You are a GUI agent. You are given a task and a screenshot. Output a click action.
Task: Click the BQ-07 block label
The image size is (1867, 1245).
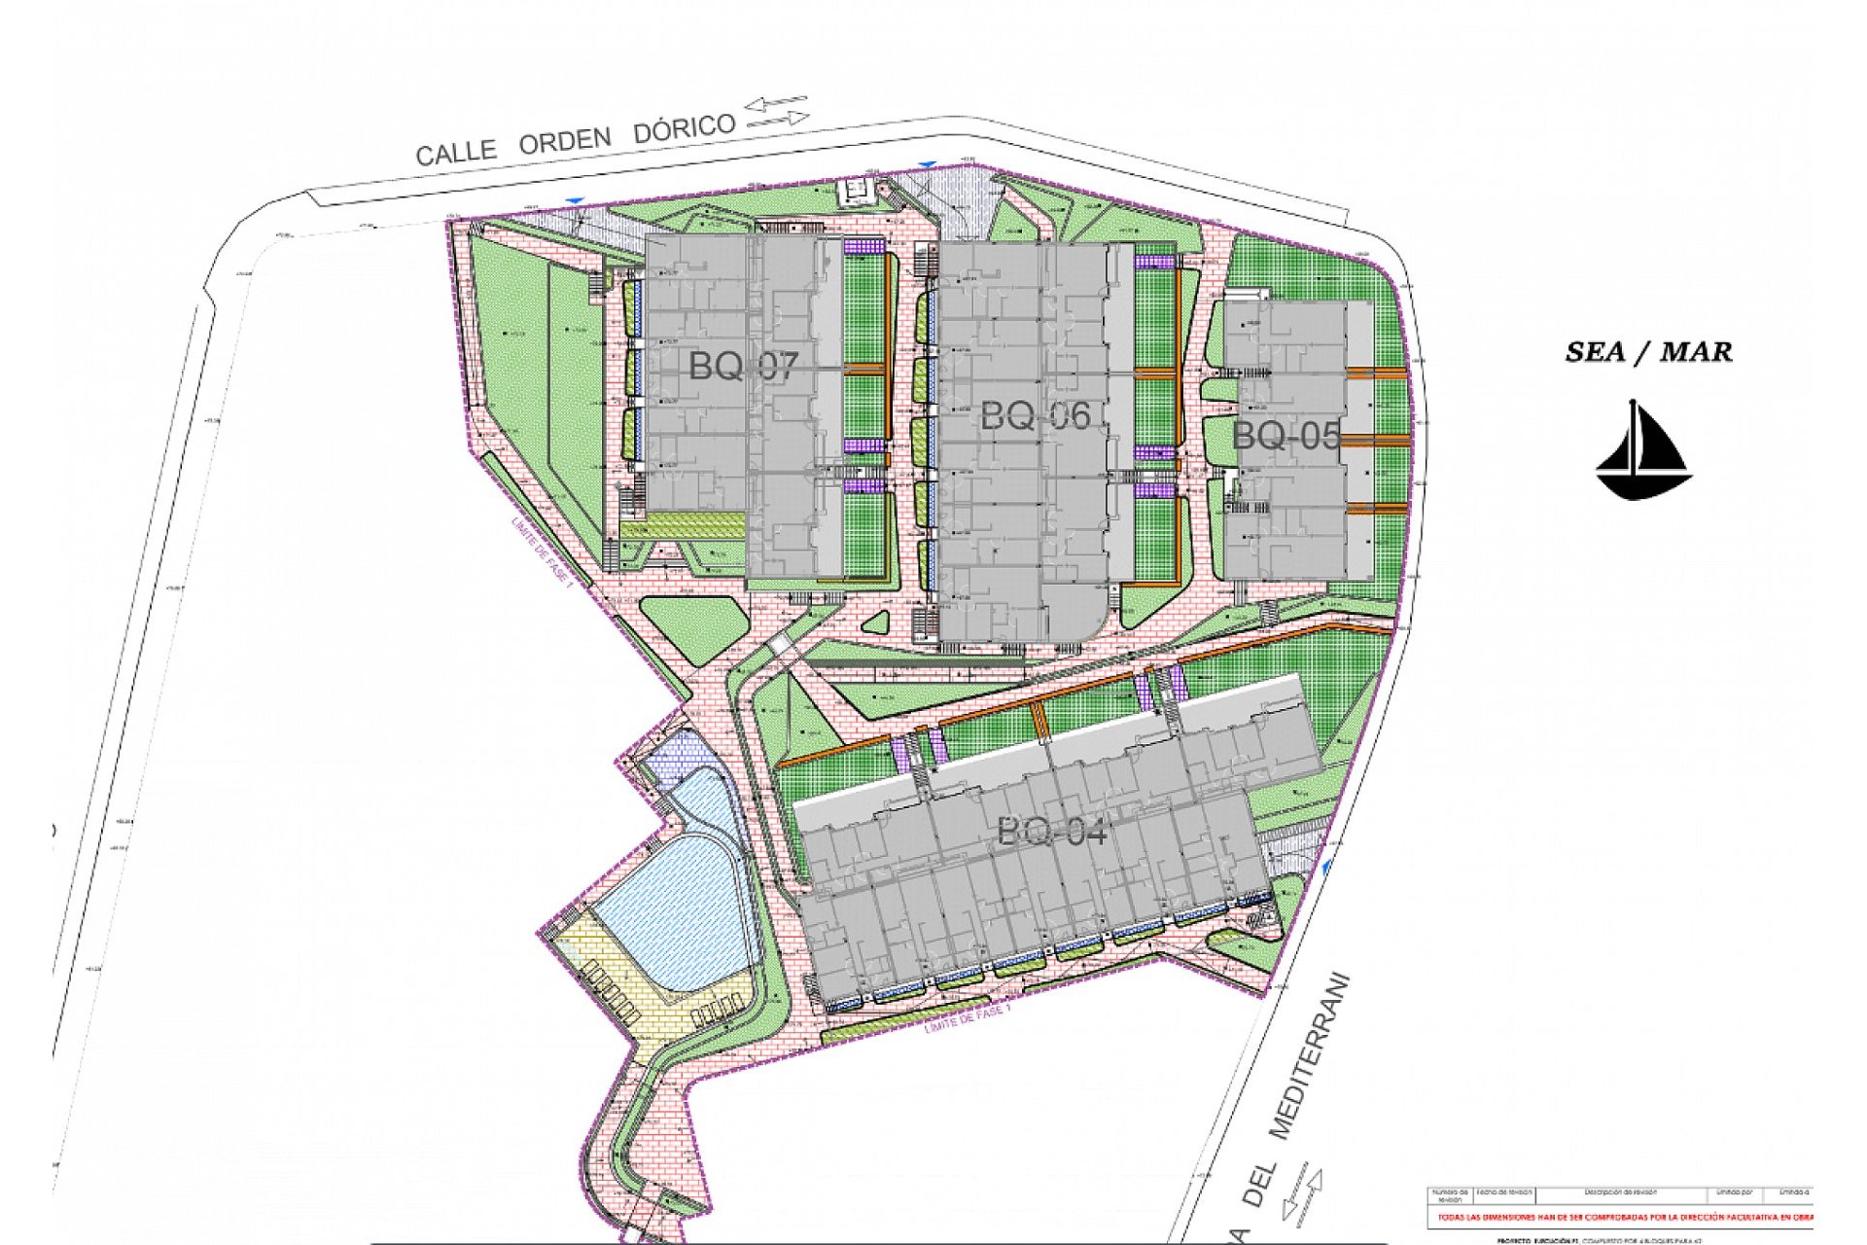(x=743, y=367)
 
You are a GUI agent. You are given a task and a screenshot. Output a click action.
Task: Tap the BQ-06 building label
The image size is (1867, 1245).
(x=1035, y=416)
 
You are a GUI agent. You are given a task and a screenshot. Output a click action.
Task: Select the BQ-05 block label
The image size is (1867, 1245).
(x=1286, y=436)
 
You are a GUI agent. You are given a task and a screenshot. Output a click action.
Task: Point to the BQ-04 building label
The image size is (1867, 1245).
(x=1052, y=832)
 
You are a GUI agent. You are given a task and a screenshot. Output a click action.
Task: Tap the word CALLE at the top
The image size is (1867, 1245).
(x=456, y=152)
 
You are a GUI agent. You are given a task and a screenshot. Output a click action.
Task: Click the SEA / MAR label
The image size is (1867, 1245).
(x=1648, y=352)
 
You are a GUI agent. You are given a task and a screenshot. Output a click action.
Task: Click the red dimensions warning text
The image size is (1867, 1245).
(x=1624, y=1217)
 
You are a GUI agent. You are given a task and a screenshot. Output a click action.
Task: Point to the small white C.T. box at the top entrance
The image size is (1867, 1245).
(x=857, y=191)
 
